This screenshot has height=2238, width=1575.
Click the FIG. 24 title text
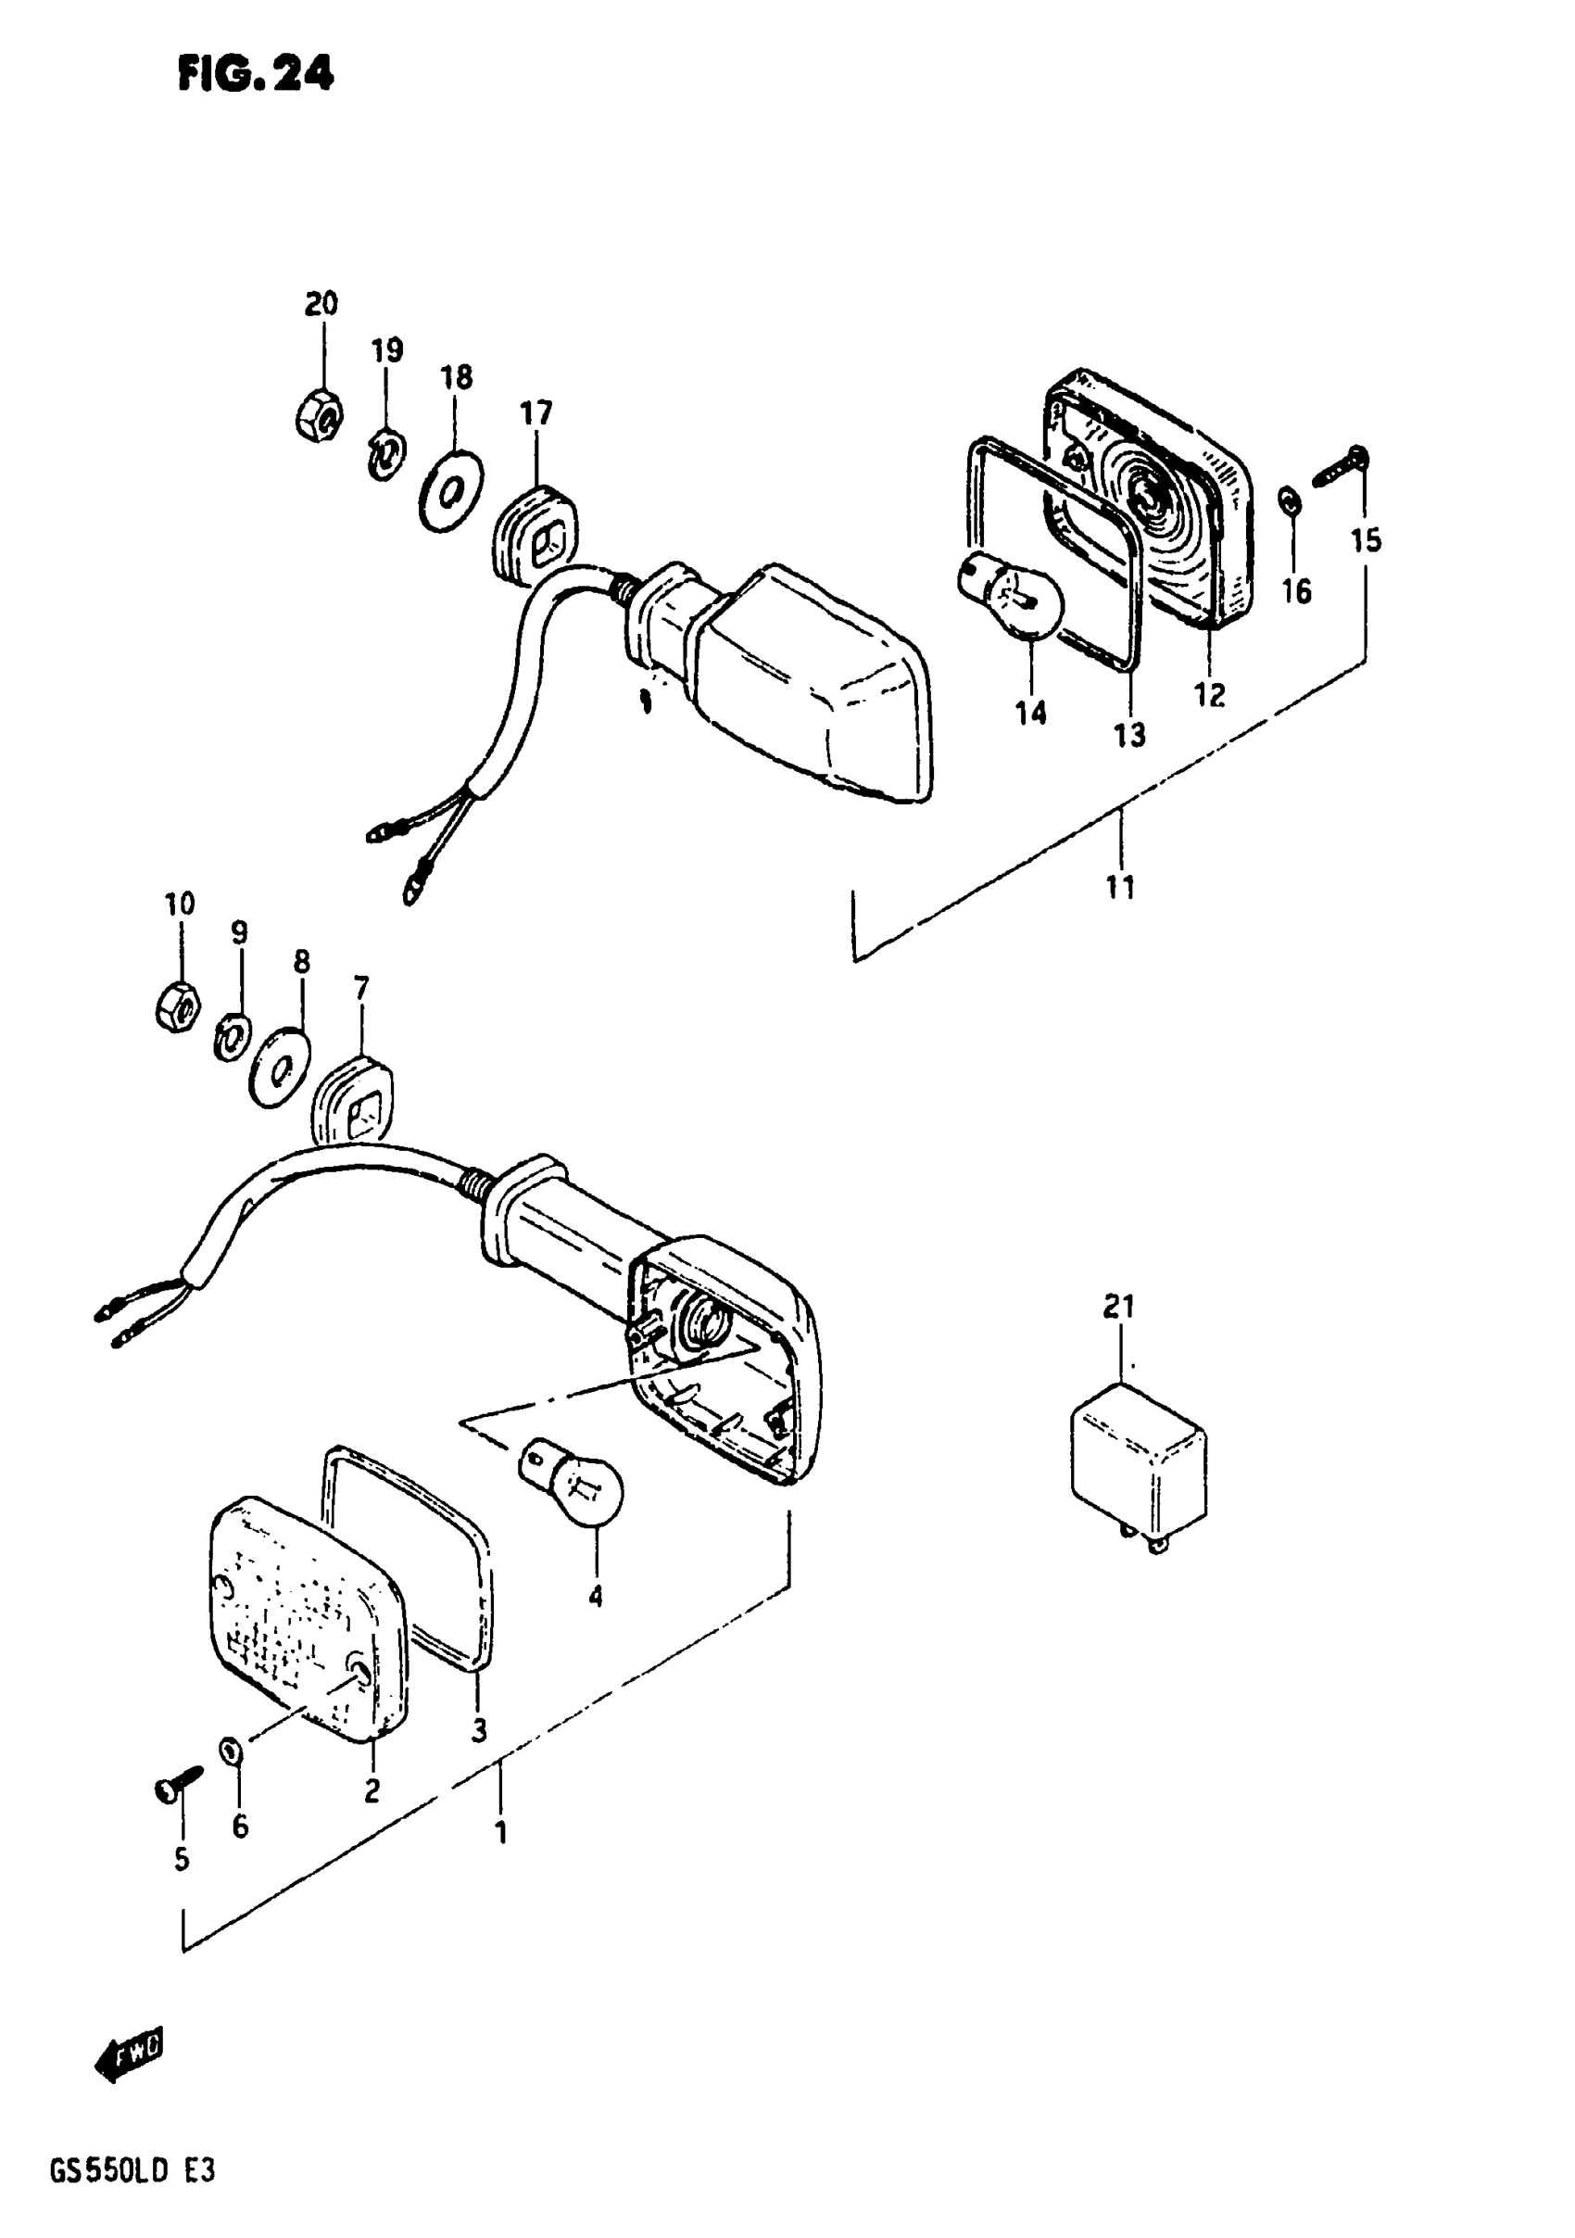(256, 73)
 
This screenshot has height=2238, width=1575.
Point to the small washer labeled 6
(231, 1751)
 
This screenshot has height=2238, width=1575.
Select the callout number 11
(1120, 887)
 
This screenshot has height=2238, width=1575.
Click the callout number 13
(1129, 735)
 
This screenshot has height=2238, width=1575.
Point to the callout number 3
(479, 1730)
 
